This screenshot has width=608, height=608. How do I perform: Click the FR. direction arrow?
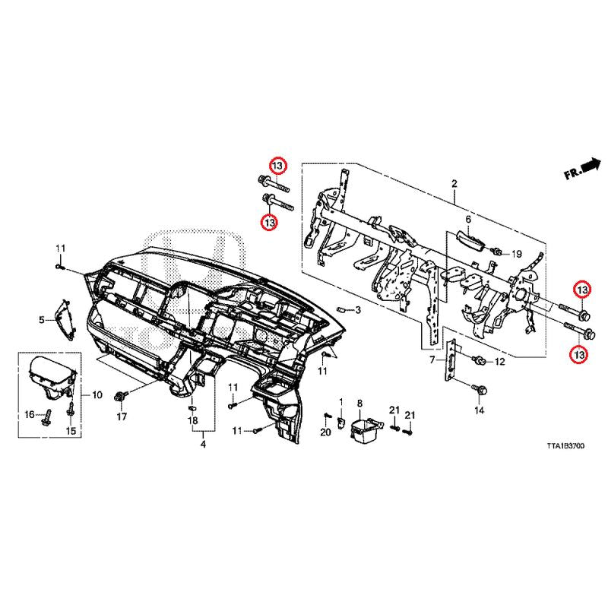click(x=581, y=168)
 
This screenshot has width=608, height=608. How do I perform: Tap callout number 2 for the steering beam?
click(x=454, y=184)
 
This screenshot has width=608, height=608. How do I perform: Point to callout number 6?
click(x=468, y=220)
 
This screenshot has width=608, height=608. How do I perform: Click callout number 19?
click(x=516, y=253)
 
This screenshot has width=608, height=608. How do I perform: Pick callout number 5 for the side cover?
click(x=42, y=320)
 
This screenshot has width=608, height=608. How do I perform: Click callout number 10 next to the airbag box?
click(x=97, y=395)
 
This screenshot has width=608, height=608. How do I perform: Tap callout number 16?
click(x=30, y=414)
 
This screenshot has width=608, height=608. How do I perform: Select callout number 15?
click(x=71, y=432)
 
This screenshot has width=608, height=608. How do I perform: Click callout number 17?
click(x=120, y=417)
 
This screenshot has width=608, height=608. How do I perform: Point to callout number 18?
click(x=193, y=420)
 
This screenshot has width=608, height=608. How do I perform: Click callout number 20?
click(x=325, y=432)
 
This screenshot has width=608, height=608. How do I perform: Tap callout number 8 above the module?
click(x=360, y=403)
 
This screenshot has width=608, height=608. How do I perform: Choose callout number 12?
click(x=499, y=363)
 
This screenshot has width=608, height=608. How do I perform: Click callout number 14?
click(x=479, y=411)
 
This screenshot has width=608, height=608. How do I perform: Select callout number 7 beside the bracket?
click(x=432, y=359)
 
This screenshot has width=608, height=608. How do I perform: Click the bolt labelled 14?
click(x=479, y=389)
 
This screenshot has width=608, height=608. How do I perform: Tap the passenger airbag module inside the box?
click(x=52, y=375)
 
